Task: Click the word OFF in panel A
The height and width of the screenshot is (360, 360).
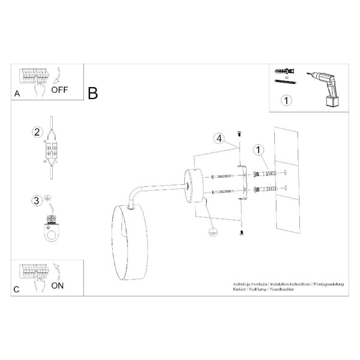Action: tap(61, 91)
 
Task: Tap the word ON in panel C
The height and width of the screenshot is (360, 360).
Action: tap(58, 286)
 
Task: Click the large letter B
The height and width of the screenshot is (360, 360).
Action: tap(92, 94)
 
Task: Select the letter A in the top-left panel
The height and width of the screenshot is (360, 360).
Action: tap(17, 94)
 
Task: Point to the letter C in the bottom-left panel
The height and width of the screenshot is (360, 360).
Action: tap(17, 290)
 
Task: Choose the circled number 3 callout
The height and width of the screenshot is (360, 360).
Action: tap(37, 200)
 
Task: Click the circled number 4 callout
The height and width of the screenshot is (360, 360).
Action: tap(220, 139)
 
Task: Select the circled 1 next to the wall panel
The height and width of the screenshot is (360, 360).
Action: tap(257, 149)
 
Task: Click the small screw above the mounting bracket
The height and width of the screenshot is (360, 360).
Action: tap(239, 132)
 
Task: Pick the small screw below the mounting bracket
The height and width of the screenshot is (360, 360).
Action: tap(240, 233)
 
